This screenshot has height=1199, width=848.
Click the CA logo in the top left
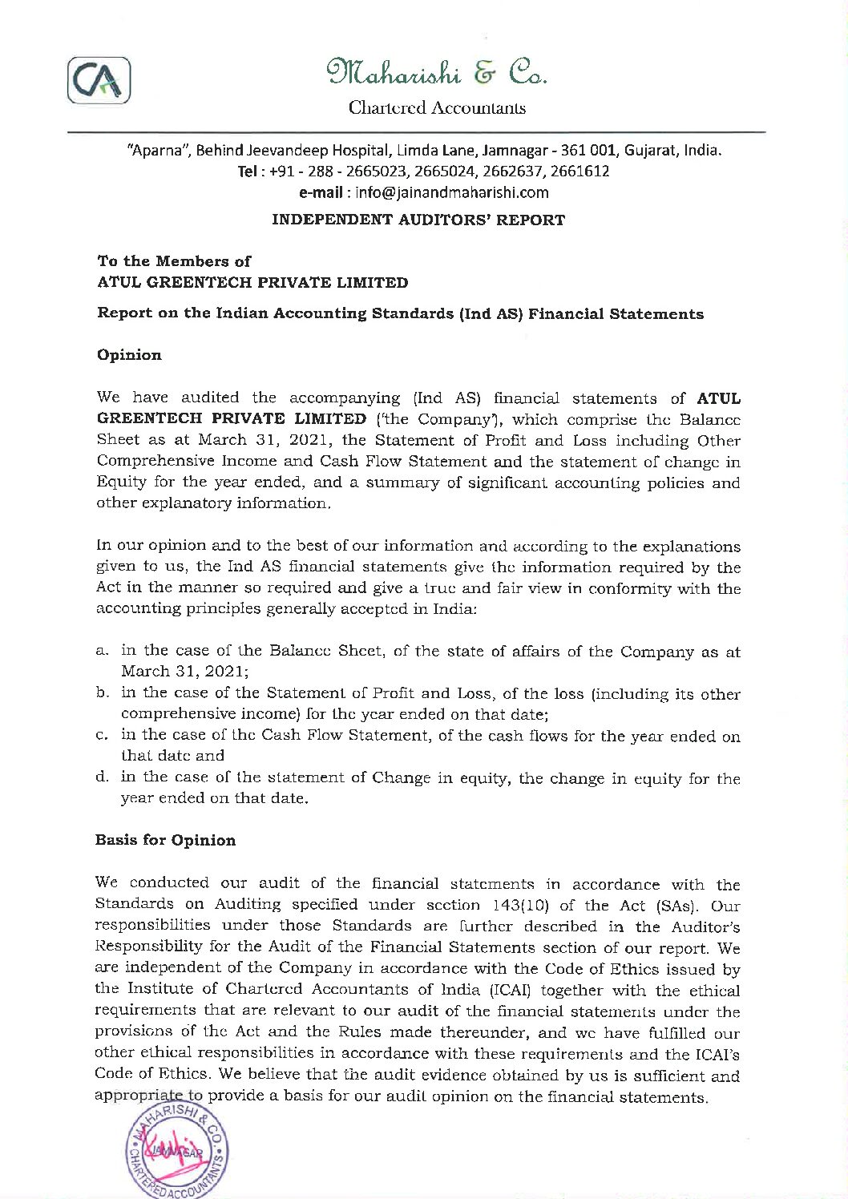click(x=99, y=82)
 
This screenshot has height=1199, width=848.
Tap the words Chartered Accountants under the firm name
click(x=437, y=107)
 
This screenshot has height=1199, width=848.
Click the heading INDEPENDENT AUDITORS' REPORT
click(x=419, y=220)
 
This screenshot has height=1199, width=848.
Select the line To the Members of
click(x=174, y=261)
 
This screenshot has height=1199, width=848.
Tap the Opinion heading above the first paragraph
click(x=129, y=355)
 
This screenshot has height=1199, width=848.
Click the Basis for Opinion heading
click(x=166, y=841)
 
